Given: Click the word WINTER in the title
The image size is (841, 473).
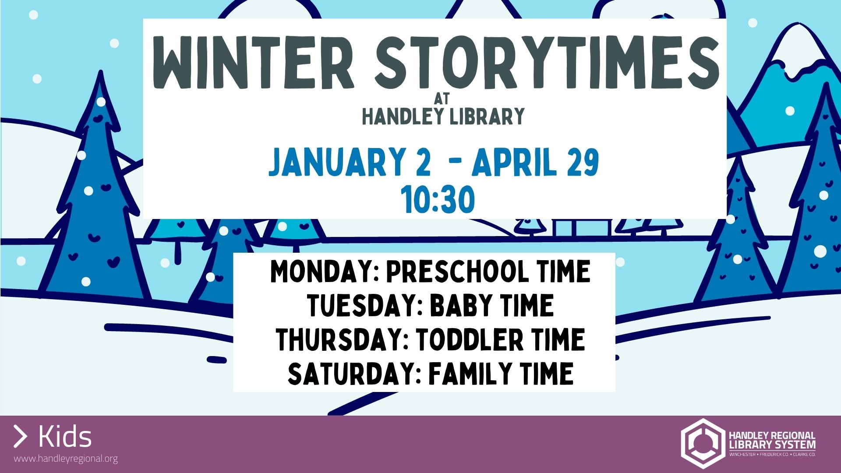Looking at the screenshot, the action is pos(253,63).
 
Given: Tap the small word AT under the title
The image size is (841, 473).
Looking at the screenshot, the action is pos(442,99).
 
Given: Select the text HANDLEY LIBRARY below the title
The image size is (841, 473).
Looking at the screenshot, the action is pos(443,116).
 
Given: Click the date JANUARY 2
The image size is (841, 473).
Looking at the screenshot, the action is pos(350,162).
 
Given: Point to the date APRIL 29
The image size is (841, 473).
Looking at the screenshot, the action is pos(535,162).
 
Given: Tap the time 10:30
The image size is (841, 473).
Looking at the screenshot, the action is pos(438,199).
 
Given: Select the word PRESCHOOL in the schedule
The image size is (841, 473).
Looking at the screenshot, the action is pos(457,272).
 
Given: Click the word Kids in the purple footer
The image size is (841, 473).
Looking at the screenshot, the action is pos(65,437).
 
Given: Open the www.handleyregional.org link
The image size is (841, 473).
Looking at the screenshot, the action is pos(66,459).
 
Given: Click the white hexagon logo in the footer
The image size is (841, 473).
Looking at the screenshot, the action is pos(703,443).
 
